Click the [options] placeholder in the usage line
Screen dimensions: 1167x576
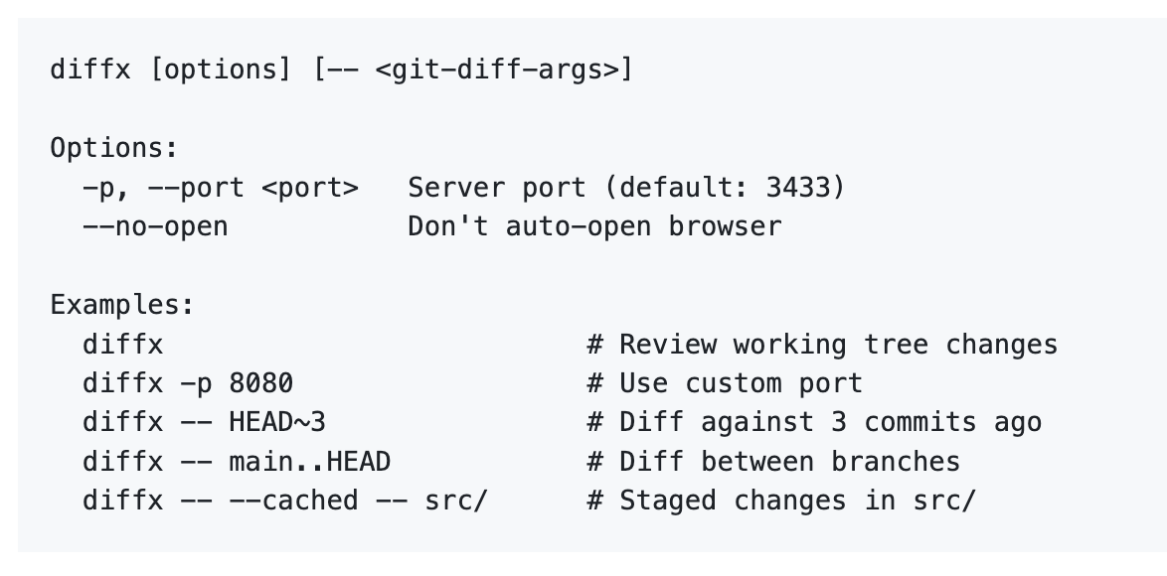[x=220, y=70]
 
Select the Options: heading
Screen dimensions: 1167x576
[x=114, y=148]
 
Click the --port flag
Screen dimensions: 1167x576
[x=195, y=188]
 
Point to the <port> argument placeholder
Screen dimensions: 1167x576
[x=309, y=188]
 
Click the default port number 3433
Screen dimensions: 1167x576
[x=797, y=188]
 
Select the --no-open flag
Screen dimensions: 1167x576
[x=155, y=226]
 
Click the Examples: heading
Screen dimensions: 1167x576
[x=122, y=305]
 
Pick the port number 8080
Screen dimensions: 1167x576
[x=260, y=382]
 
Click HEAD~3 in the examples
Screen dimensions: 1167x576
[x=277, y=422]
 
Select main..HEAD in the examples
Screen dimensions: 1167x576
[x=309, y=462]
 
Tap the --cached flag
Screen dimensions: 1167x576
[x=293, y=501]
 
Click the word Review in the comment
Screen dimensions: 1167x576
[x=668, y=345]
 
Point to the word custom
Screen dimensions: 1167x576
[x=733, y=383]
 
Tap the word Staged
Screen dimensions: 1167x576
[x=668, y=501]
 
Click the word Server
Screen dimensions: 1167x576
[x=456, y=188]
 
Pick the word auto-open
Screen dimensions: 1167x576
[x=579, y=226]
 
